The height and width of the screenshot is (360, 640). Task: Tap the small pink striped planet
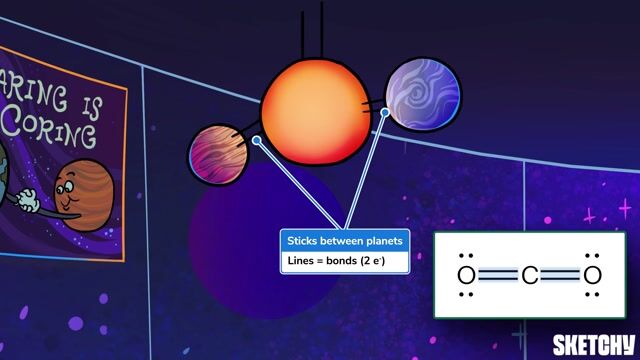(218, 155)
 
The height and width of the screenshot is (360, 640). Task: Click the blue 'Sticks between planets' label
(345, 241)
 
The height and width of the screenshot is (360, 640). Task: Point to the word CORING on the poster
(60, 132)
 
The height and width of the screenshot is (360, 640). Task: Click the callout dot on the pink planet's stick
(256, 141)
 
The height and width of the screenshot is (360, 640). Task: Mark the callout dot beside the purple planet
(385, 112)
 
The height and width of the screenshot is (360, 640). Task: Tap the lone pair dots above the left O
(465, 255)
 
